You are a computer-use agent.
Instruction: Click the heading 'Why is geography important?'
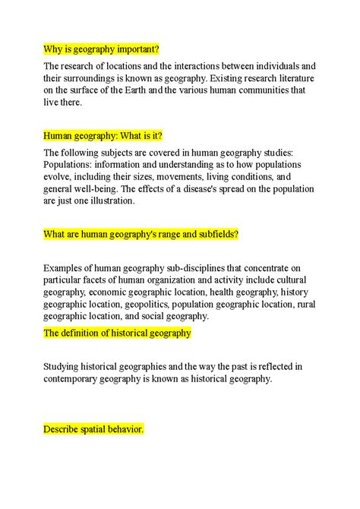(102, 49)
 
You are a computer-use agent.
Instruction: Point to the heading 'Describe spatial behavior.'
(93, 430)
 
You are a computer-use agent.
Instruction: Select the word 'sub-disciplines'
(199, 267)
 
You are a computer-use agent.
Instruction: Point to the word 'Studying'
(66, 365)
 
